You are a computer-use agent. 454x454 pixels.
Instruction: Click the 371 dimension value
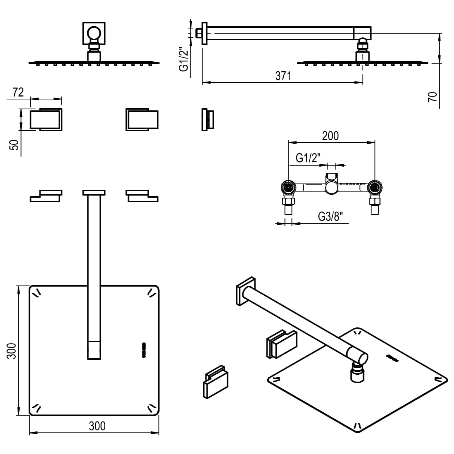pyautogui.click(x=283, y=76)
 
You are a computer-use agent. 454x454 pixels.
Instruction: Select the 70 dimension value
pyautogui.click(x=432, y=97)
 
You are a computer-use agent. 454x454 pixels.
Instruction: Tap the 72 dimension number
pyautogui.click(x=18, y=92)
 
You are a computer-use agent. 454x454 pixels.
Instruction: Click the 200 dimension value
pyautogui.click(x=330, y=136)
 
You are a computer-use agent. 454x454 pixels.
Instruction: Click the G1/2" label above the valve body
pyautogui.click(x=308, y=158)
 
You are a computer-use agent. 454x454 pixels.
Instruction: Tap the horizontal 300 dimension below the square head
pyautogui.click(x=97, y=426)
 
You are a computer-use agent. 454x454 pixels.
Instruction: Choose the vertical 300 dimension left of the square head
pyautogui.click(x=12, y=351)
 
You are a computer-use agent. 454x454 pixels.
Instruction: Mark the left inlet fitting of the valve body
pyautogui.click(x=288, y=188)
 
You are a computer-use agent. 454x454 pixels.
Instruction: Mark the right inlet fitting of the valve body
pyautogui.click(x=374, y=188)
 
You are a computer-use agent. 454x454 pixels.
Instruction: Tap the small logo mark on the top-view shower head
pyautogui.click(x=144, y=350)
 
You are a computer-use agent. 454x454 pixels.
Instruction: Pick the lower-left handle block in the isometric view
pyautogui.click(x=216, y=382)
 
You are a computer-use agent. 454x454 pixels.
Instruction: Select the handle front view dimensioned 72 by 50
pyautogui.click(x=46, y=120)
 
